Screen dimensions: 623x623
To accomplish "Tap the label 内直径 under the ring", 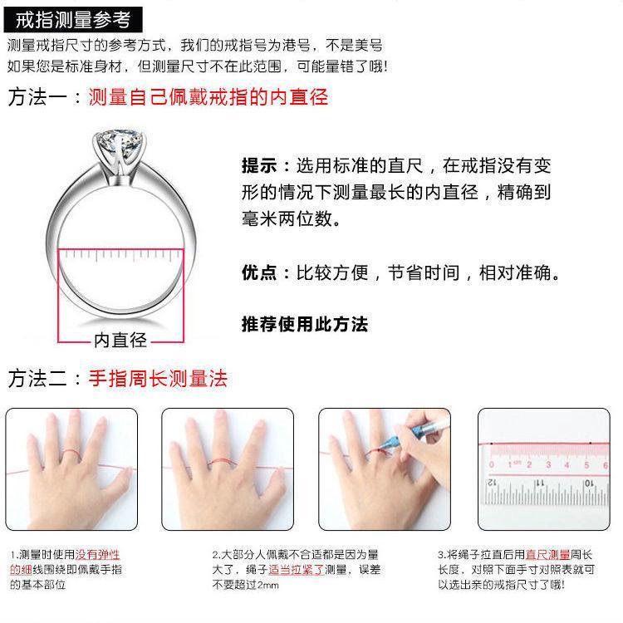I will point(120,340).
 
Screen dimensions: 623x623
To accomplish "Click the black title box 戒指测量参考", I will point(72,18).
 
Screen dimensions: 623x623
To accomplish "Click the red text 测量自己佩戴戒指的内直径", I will point(208,97).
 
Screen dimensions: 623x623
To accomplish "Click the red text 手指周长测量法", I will point(158,379).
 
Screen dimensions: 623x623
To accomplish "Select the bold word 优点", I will point(260,272).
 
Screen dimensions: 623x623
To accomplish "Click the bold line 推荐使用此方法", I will point(304,323).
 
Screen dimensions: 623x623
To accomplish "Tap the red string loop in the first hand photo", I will point(70,454).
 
